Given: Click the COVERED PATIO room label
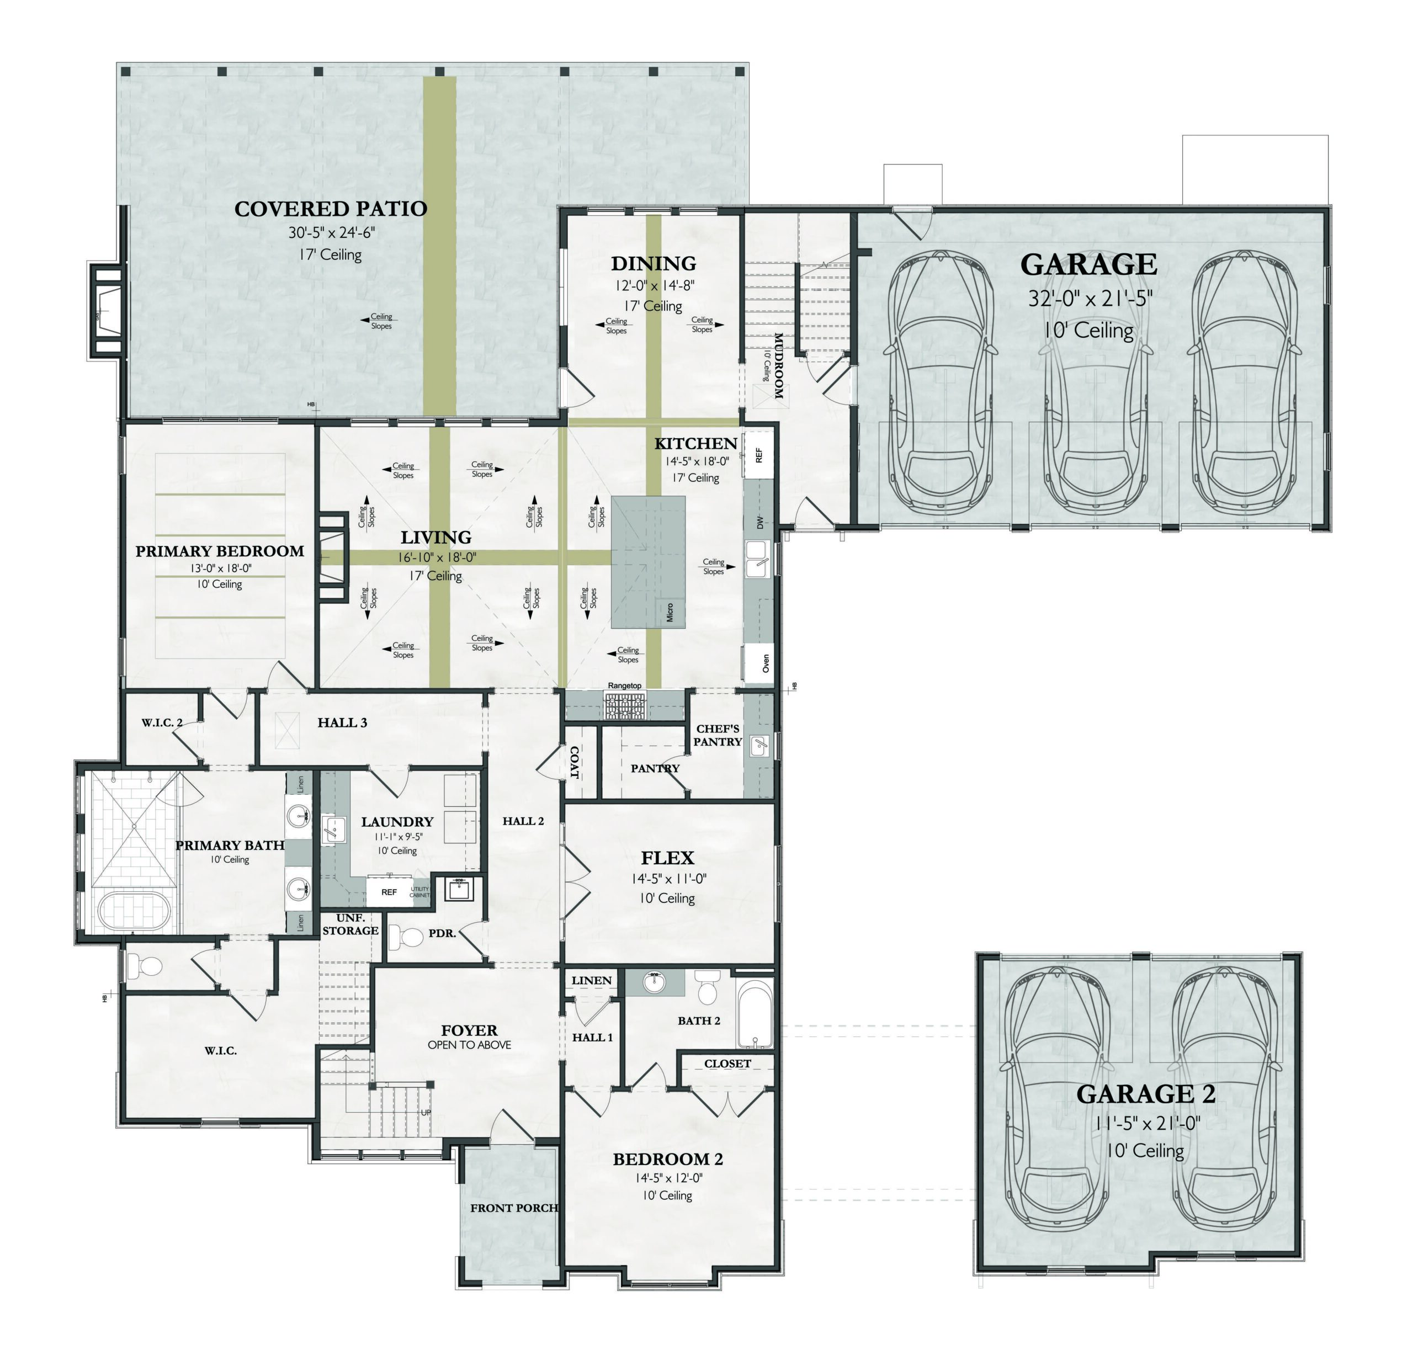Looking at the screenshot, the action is (331, 209).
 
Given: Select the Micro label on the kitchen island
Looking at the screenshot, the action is (670, 612).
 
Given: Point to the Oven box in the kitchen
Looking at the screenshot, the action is (759, 662).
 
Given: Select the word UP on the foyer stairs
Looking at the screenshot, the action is (426, 1112).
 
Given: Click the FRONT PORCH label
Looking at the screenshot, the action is (514, 1208).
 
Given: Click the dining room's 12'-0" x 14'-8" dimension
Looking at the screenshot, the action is (654, 285).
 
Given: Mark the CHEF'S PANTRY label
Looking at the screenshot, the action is (717, 735).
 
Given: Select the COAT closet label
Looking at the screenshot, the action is (574, 762).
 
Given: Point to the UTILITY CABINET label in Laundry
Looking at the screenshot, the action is (419, 892).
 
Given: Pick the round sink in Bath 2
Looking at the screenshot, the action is (654, 984).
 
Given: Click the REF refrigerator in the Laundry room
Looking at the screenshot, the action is (389, 892).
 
